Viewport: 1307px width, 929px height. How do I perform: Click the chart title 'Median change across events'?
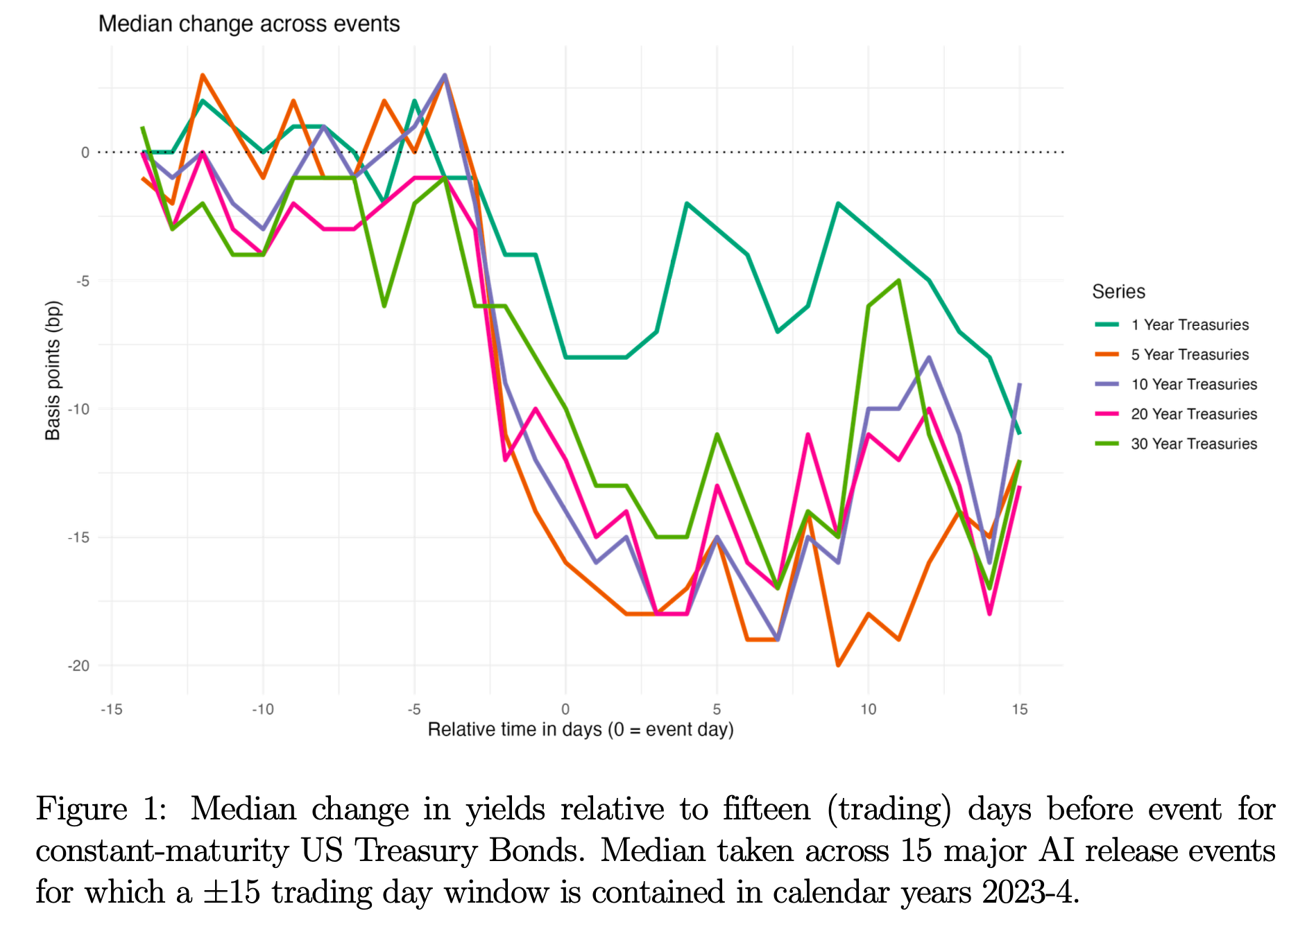coord(248,24)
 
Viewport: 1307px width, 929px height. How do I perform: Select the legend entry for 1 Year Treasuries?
coord(1189,324)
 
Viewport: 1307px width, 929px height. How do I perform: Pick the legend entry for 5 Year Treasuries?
coord(1189,354)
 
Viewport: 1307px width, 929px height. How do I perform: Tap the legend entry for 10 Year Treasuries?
coord(1193,384)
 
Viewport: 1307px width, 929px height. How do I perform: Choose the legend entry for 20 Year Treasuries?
coord(1193,414)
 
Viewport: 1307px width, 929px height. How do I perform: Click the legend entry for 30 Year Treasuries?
coord(1193,444)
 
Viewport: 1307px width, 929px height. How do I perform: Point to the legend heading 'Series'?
coord(1118,291)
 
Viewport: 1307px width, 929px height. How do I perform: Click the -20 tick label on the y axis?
coord(78,666)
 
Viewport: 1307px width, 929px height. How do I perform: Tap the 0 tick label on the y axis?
coord(85,153)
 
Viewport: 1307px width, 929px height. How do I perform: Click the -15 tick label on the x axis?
coord(112,709)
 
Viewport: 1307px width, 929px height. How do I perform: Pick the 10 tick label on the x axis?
coord(868,709)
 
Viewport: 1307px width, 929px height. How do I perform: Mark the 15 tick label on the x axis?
coord(1019,709)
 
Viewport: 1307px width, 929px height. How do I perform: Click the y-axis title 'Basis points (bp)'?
coord(53,370)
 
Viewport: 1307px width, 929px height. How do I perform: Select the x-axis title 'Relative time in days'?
coord(580,729)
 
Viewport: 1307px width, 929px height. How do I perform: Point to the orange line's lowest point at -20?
coord(838,665)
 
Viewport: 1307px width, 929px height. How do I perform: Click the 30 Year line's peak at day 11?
coord(898,281)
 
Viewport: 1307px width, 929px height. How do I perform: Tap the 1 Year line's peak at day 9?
coord(838,204)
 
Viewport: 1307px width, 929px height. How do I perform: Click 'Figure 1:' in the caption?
coord(101,809)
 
